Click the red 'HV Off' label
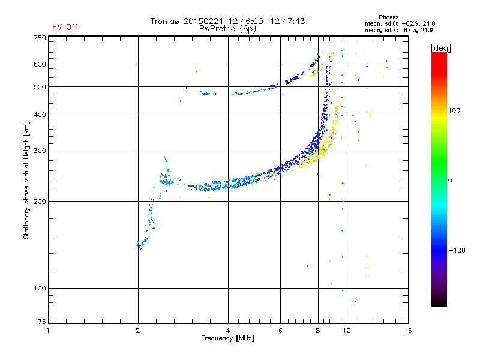[x=65, y=27]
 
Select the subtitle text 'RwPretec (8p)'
[x=227, y=29]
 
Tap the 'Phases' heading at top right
[x=388, y=17]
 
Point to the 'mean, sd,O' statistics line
[x=400, y=24]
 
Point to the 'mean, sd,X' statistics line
[x=398, y=31]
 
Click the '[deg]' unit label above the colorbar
[x=440, y=48]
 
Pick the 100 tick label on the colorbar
[x=454, y=110]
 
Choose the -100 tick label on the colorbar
[x=457, y=250]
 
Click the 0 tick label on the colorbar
[x=450, y=181]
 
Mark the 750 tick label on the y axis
[x=40, y=38]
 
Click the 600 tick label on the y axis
[x=40, y=64]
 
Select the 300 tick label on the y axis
[x=40, y=151]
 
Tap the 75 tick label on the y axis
[x=42, y=322]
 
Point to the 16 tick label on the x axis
[x=408, y=331]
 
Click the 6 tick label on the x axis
[x=280, y=331]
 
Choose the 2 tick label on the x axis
[x=138, y=331]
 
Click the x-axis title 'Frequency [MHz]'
[x=228, y=338]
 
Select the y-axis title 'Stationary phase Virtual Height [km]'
[x=26, y=180]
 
